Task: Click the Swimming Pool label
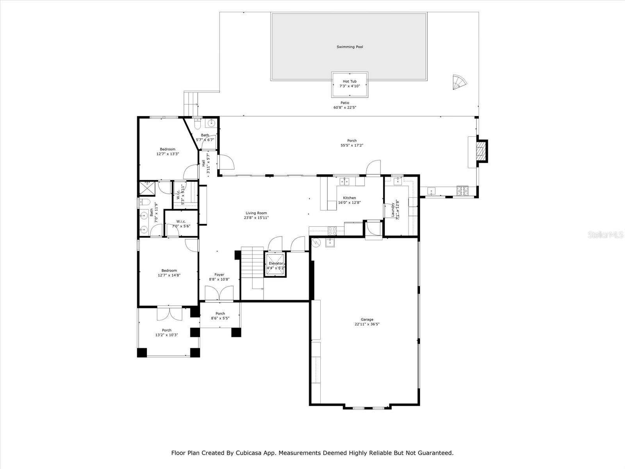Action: [350, 47]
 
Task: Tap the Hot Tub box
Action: [350, 84]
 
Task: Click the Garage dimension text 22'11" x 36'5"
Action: [367, 324]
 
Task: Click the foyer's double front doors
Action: [219, 294]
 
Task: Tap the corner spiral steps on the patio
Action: [459, 82]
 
